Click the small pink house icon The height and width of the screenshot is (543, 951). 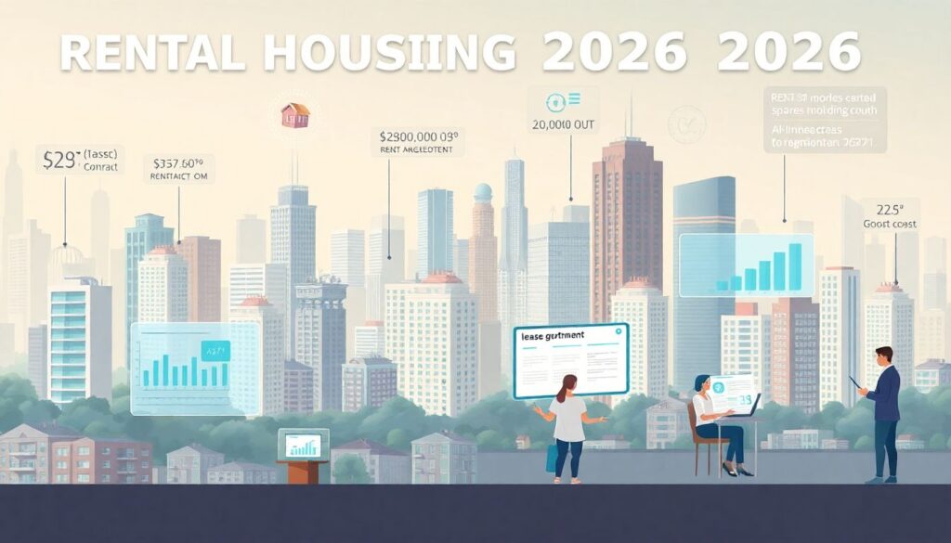[x=294, y=115]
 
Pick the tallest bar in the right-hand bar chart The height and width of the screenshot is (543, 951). [x=794, y=264]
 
